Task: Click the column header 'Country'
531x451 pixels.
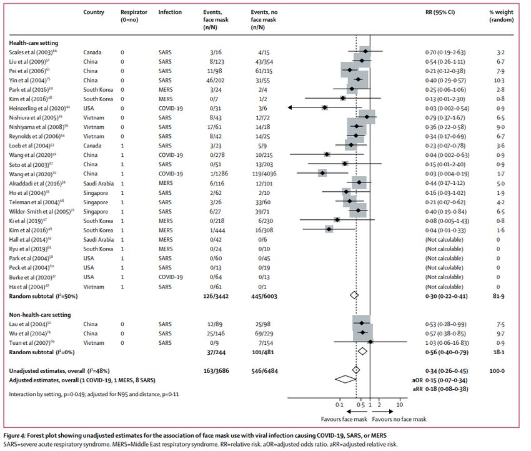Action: pos(94,12)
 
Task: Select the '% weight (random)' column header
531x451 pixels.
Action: pos(497,16)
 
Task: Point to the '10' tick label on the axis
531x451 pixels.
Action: pos(400,404)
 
